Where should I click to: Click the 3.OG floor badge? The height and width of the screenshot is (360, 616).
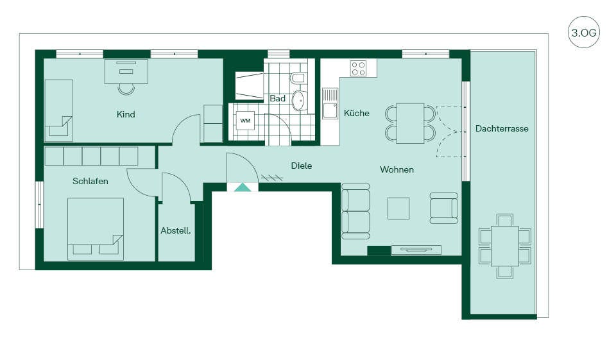coord(584,32)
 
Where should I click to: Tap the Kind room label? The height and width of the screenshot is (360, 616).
coord(126,114)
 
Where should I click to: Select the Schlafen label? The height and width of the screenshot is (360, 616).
coord(90,181)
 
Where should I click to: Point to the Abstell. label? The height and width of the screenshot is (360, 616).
coord(176,231)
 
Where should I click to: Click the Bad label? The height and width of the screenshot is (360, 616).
coord(277,98)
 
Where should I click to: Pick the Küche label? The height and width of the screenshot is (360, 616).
coord(356,113)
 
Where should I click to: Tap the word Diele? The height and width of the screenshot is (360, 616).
coord(302,166)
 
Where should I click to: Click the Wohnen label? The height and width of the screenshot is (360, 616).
coord(397,170)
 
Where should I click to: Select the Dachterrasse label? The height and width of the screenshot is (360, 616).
coord(502,128)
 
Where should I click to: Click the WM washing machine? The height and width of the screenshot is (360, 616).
coord(245,121)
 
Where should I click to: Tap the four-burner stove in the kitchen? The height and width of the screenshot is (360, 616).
coord(358,68)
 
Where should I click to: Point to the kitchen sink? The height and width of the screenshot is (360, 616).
coord(330,103)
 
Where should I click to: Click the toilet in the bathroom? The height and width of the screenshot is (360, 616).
coord(297,78)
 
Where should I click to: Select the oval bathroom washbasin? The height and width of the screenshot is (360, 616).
coord(300,101)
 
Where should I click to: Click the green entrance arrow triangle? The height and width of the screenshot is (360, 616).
coord(243,187)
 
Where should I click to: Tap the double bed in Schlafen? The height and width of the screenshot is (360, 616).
coord(96,228)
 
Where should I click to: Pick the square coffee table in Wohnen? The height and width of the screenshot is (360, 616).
coord(398,209)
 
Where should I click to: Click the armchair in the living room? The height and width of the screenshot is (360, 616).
coord(444,209)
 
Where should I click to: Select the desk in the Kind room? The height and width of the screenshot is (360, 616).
coord(126,71)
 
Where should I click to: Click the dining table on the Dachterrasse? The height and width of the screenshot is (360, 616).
coord(505,246)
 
